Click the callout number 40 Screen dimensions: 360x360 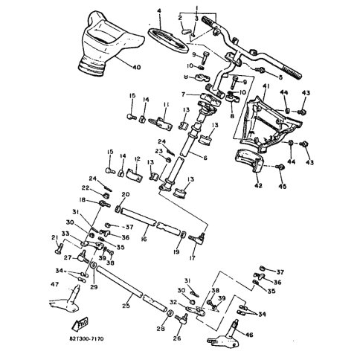136,68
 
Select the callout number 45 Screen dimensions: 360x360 282,186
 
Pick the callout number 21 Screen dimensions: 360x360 54,237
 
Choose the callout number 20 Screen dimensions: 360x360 125,194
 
